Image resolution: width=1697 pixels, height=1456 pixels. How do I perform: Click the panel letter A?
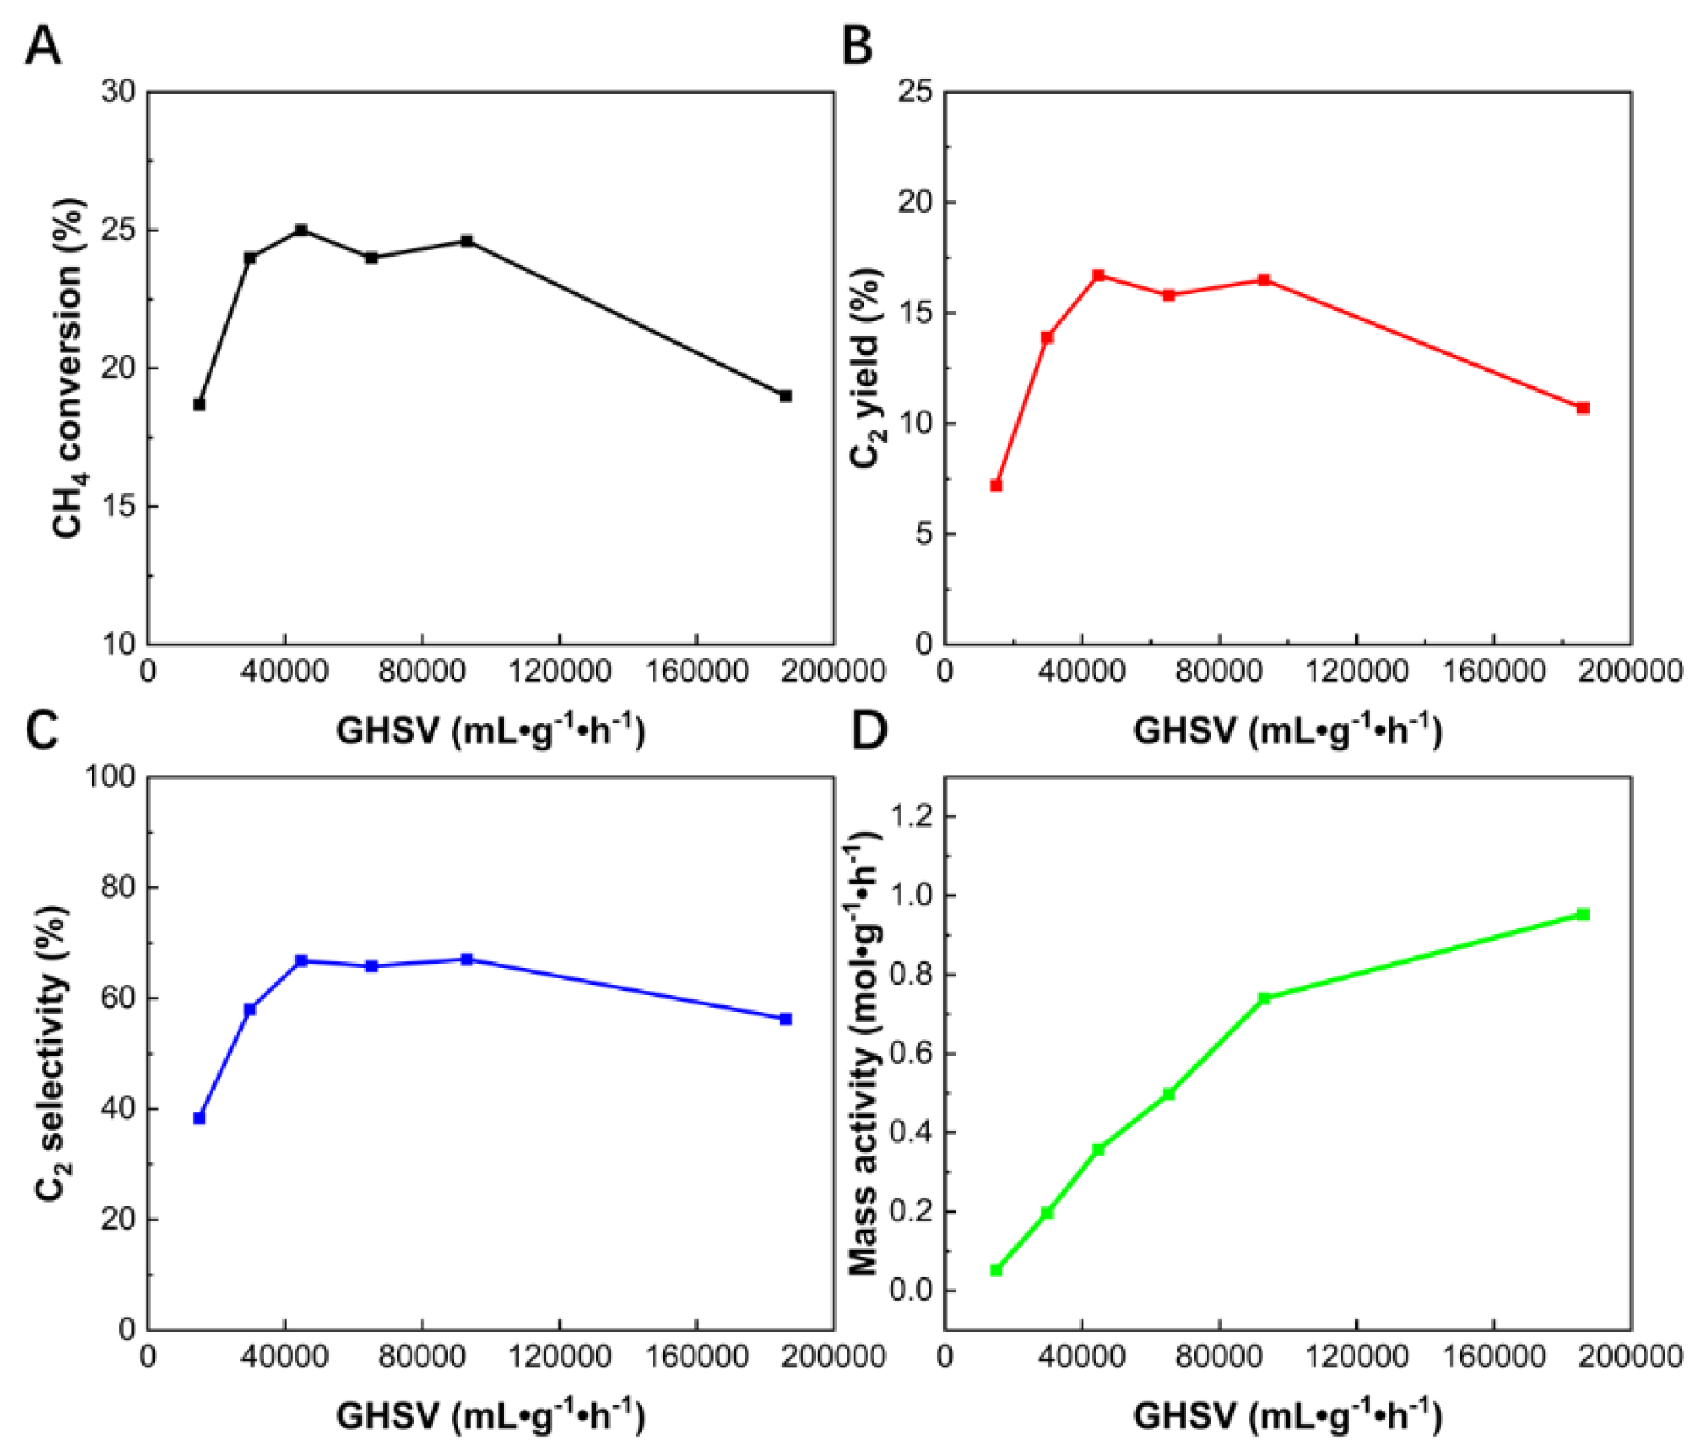[x=43, y=46]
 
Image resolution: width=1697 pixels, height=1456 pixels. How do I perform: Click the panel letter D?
[x=869, y=730]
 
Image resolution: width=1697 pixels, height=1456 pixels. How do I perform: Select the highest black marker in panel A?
[x=302, y=230]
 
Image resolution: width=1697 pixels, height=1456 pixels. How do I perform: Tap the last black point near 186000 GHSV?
[x=785, y=396]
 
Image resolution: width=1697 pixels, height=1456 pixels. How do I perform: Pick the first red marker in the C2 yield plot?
[x=996, y=485]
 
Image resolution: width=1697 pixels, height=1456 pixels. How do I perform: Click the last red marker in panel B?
[x=1583, y=408]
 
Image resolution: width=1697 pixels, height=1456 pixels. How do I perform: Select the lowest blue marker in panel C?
[x=199, y=1118]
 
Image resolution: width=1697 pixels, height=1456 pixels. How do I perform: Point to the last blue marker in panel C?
[x=785, y=1019]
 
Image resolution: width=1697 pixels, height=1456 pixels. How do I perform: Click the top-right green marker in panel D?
[x=1583, y=915]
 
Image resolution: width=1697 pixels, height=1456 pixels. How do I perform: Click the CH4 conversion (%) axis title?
[x=69, y=369]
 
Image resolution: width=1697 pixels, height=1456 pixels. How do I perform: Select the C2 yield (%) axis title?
[x=866, y=369]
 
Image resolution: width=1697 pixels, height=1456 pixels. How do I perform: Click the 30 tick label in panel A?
[x=118, y=92]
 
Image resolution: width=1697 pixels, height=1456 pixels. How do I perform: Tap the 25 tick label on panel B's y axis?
[x=915, y=92]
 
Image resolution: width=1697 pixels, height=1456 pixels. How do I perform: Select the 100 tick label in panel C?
[x=110, y=777]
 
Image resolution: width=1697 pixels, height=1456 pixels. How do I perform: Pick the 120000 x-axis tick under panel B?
[x=1356, y=672]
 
